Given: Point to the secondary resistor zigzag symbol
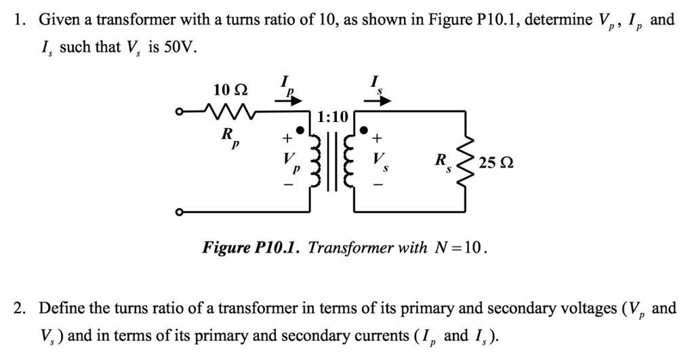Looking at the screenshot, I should click(x=465, y=163).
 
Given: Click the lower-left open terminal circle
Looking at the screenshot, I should click(x=179, y=213).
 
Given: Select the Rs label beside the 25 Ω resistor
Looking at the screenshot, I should click(x=442, y=163).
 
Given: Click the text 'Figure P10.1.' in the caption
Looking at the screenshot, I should click(x=252, y=247).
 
